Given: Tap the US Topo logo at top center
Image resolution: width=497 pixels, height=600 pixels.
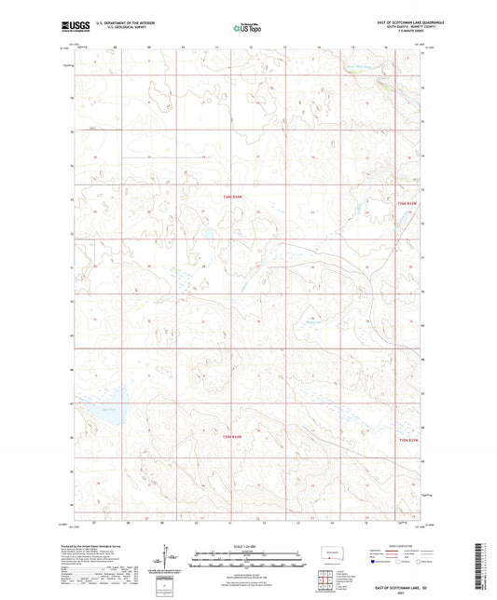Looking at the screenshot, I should click(x=247, y=28).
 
